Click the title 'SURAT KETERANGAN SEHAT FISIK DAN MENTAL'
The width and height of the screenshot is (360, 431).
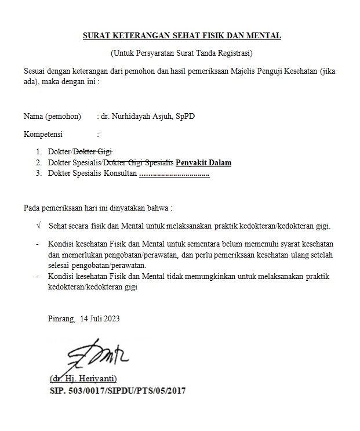point(181,36)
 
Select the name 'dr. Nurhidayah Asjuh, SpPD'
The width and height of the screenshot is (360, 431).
point(148,116)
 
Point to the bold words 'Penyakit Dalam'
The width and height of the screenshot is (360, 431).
point(203,163)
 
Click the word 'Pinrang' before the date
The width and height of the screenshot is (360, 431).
point(61,318)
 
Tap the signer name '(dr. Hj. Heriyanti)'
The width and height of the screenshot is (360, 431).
point(88,380)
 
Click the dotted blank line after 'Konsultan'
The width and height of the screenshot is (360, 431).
point(174,173)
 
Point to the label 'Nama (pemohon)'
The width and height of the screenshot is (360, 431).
point(52,116)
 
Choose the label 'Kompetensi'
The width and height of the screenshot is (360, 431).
point(43,135)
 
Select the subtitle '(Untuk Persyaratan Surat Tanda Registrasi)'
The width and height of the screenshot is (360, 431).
point(181,54)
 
